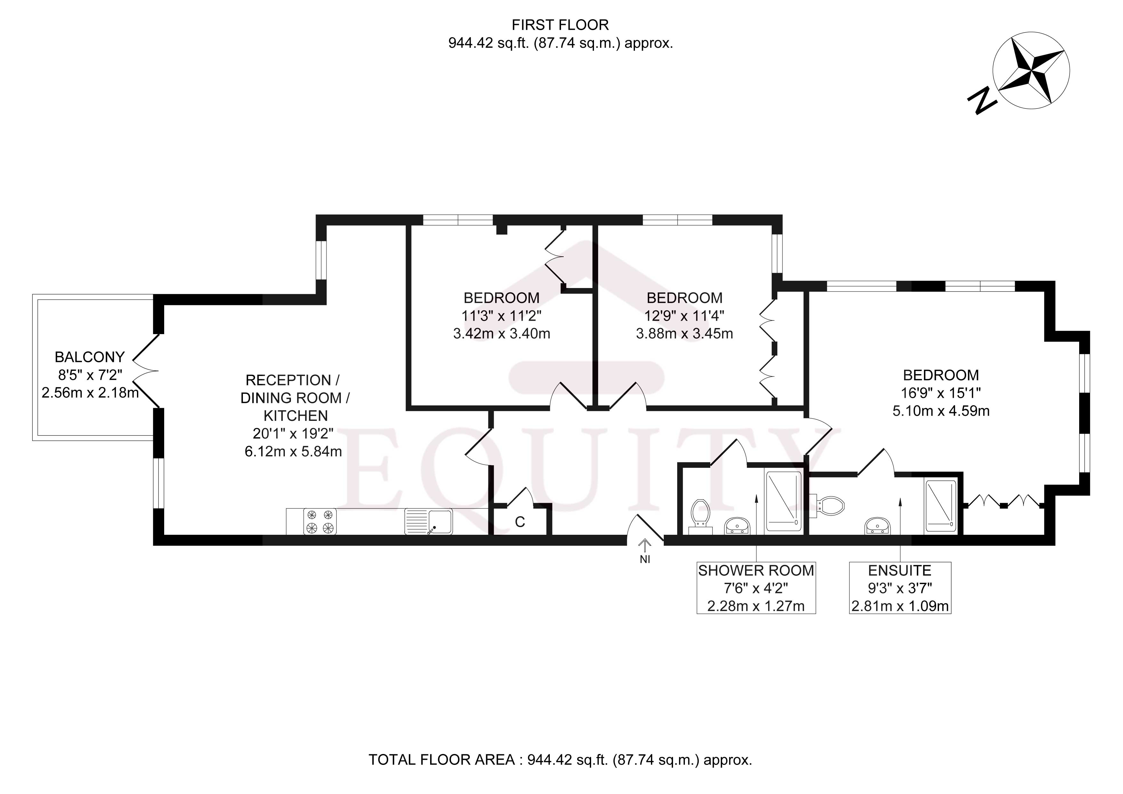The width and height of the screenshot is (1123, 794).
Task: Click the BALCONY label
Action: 90,357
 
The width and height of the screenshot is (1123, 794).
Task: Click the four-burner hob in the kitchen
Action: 320,522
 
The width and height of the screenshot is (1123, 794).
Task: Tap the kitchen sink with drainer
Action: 429,522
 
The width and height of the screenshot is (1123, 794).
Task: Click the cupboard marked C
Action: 520,522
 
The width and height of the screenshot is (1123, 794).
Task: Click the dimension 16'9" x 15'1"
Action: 941,393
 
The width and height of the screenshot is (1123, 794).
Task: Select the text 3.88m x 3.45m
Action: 684,334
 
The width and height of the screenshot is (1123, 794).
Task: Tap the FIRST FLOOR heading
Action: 560,25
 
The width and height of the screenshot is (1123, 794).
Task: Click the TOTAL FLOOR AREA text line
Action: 560,760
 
